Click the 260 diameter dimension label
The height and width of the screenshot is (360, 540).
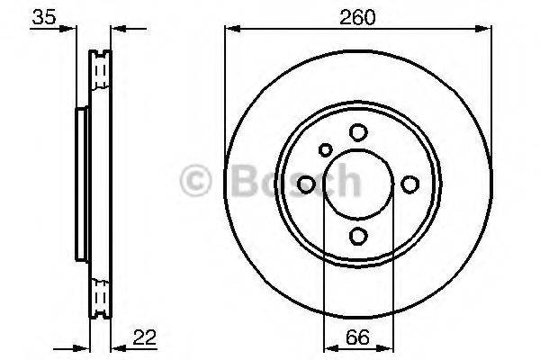point(357,16)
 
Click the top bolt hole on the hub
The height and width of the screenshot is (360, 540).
point(358,132)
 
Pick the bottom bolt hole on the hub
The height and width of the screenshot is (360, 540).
point(358,236)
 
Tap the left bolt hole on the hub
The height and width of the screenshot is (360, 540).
point(306,184)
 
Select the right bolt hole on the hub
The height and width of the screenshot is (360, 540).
point(410,184)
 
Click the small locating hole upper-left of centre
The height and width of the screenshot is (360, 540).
point(326,150)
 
